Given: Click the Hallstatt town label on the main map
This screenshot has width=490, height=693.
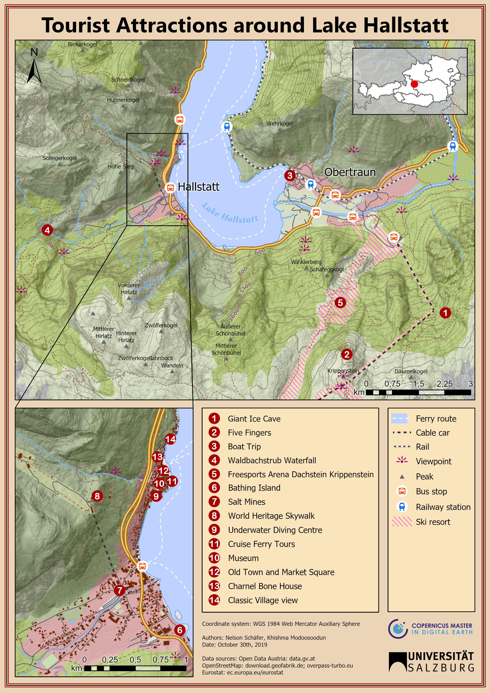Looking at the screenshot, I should [x=198, y=187].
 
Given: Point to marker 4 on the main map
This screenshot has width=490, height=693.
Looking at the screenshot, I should [x=47, y=230].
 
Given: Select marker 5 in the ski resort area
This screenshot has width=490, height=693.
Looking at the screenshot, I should [x=340, y=302].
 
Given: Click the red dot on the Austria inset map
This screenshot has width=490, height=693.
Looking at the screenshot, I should [x=415, y=84].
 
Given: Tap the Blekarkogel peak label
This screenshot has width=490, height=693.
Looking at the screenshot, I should [x=82, y=44].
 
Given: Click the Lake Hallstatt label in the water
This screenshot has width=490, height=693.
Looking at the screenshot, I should [x=230, y=213].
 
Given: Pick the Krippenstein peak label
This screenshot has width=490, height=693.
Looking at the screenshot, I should [x=343, y=370].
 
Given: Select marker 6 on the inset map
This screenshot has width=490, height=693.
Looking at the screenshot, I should [x=180, y=630].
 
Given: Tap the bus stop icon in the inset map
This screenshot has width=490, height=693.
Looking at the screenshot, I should [x=142, y=566].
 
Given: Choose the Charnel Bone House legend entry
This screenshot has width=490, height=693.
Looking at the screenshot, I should [x=265, y=586].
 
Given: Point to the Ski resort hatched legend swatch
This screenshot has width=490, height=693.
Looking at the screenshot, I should [x=402, y=522].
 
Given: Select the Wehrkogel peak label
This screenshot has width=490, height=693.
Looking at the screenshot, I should [x=280, y=123].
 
